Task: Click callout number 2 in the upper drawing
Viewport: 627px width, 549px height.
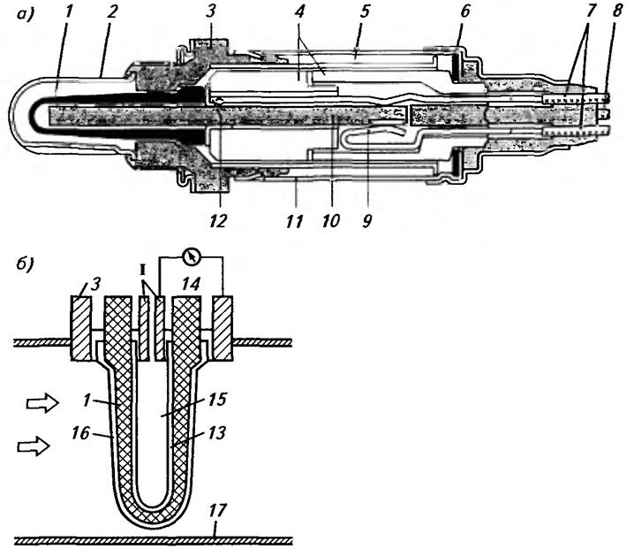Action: click(113, 12)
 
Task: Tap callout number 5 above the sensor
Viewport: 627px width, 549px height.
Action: click(364, 12)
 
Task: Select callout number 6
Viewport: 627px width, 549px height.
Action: click(465, 12)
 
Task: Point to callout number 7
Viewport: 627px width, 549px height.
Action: click(589, 12)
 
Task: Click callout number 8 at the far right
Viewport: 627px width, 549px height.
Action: click(617, 12)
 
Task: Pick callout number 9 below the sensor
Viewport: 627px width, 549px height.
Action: click(367, 221)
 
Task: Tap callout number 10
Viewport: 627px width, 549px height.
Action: click(330, 221)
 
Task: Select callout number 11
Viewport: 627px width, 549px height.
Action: click(294, 221)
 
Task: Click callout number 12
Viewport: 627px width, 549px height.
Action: click(218, 221)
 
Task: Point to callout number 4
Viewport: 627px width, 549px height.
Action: click(299, 12)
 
